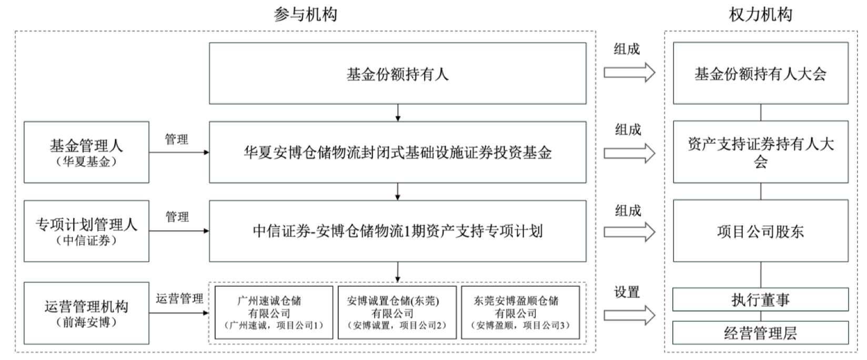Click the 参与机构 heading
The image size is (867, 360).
[305, 14]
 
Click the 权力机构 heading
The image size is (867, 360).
[760, 14]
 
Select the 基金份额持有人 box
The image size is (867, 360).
[397, 74]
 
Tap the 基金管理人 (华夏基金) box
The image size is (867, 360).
[86, 152]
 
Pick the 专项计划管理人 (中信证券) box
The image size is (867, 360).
[86, 231]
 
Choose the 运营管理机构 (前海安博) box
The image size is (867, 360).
[86, 313]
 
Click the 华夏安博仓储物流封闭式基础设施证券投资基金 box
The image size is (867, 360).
[397, 152]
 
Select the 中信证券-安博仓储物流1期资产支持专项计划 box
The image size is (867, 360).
[397, 231]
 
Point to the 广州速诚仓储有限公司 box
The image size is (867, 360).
[274, 313]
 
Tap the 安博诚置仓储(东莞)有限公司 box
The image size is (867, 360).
[397, 313]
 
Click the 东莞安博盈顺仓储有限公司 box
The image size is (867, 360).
[520, 313]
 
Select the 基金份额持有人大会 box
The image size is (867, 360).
[760, 74]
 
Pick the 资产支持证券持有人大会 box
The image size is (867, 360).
[760, 152]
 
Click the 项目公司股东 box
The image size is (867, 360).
[760, 231]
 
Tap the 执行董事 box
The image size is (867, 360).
[760, 299]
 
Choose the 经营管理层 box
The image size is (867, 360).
[760, 333]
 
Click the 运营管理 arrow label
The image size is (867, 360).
[179, 299]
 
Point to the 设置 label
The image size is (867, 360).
[627, 292]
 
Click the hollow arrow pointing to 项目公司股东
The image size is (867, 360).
[629, 232]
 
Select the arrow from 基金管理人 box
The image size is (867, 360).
[179, 153]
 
